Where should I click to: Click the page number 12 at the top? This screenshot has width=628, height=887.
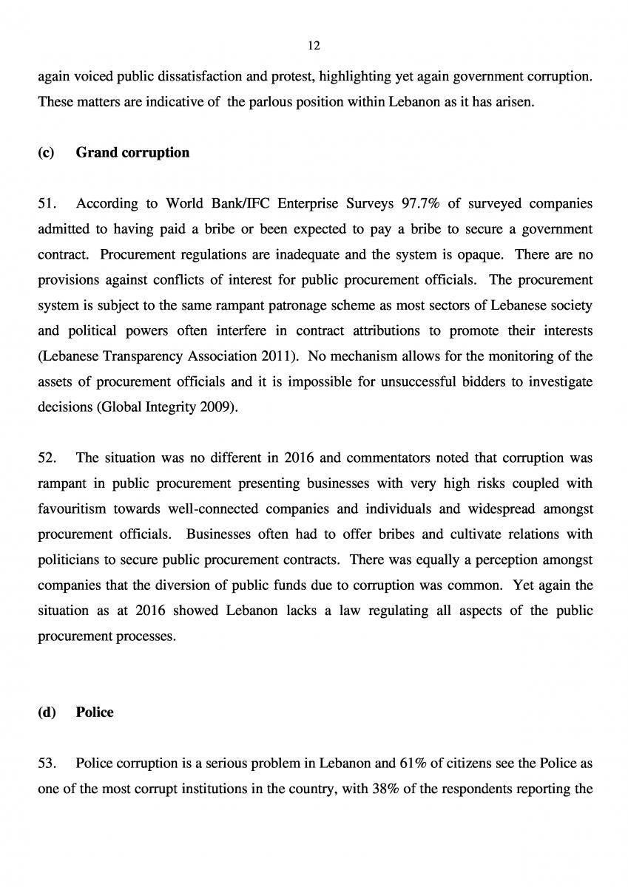(x=314, y=46)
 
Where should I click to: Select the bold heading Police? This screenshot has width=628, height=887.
(x=95, y=713)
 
